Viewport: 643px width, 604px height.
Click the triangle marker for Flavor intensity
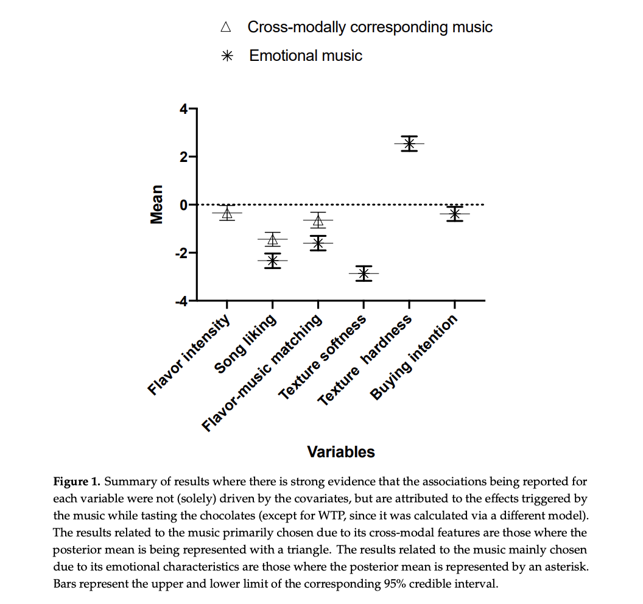click(227, 213)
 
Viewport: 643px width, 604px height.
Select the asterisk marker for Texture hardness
click(409, 144)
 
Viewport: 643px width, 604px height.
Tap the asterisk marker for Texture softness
click(364, 273)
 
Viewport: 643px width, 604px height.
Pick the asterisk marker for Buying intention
click(454, 214)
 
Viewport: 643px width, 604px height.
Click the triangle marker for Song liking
click(272, 239)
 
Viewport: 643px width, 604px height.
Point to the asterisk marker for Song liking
click(272, 261)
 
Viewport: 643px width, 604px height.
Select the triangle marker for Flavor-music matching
click(317, 220)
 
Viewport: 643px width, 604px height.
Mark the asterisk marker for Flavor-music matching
click(317, 243)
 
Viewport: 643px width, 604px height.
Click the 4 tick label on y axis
click(183, 110)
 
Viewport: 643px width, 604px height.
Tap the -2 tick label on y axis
click(181, 253)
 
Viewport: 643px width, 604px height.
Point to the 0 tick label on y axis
click(183, 205)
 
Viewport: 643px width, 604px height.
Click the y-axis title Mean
click(157, 205)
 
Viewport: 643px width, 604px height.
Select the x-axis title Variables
click(341, 452)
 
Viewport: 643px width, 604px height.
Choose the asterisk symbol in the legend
click(227, 56)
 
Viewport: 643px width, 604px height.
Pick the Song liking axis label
click(247, 344)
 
